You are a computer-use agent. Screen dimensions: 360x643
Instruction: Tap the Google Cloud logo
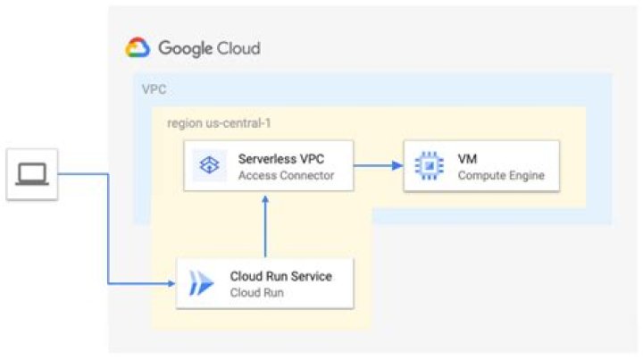(138, 48)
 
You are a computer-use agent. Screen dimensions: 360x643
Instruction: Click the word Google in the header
(185, 48)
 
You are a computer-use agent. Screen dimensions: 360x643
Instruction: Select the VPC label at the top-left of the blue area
(154, 90)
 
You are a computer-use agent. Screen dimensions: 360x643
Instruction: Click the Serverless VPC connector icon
(208, 166)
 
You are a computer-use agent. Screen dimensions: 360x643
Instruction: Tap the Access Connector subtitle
(286, 175)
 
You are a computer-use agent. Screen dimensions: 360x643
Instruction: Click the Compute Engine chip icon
(429, 166)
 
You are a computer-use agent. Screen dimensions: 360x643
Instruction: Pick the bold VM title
(467, 158)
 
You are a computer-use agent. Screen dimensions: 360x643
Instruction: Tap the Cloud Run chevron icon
(201, 284)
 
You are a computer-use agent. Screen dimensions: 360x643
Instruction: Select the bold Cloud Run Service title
(280, 276)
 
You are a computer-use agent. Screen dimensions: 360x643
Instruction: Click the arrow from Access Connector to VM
(378, 165)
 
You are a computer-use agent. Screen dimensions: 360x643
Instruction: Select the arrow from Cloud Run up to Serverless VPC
(265, 225)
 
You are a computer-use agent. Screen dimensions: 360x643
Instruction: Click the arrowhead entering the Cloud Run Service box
(170, 284)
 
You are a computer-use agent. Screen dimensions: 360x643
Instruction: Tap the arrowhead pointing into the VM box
(397, 165)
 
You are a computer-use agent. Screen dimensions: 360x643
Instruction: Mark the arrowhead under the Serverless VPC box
(265, 197)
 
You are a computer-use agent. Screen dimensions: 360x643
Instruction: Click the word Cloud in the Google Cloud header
(238, 48)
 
